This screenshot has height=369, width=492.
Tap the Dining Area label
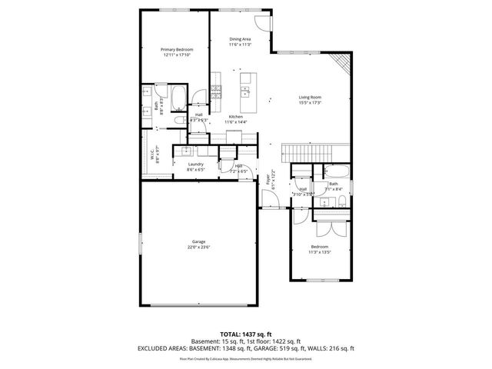point(240,39)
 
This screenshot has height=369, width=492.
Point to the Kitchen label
point(234,116)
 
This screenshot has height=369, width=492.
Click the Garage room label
point(198,241)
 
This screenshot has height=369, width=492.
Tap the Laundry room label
point(195,164)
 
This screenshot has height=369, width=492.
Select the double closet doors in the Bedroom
point(329,228)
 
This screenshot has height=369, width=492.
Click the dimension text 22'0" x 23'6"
point(198,247)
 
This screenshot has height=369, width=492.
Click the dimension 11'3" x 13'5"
point(319,251)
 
